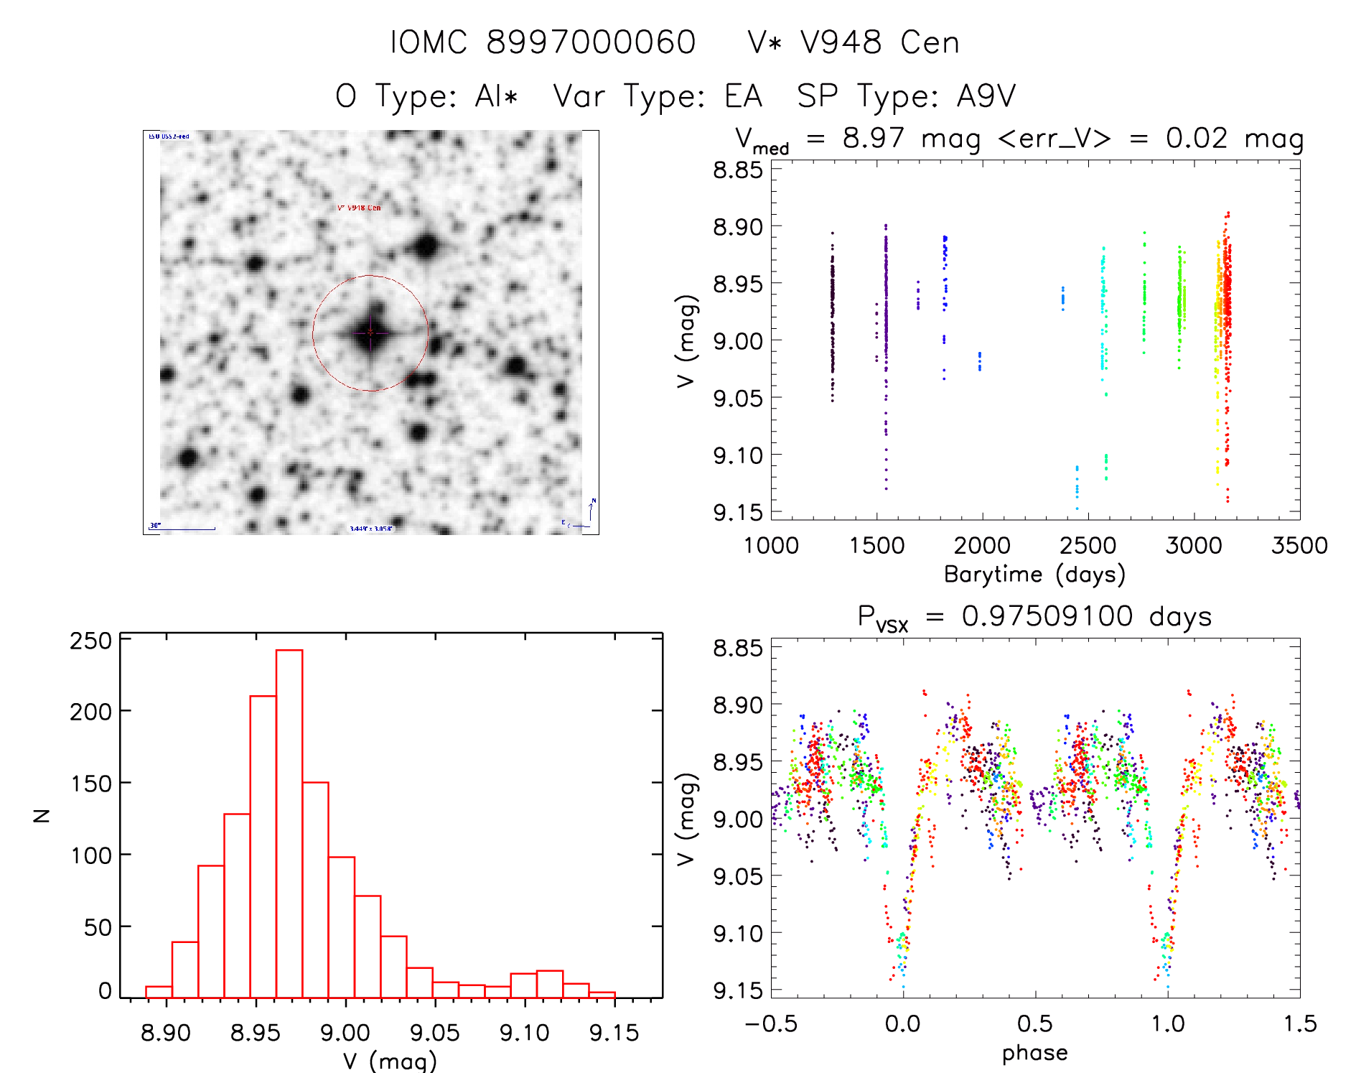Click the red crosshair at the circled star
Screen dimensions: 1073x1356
tap(370, 333)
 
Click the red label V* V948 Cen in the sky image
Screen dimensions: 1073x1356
tap(359, 208)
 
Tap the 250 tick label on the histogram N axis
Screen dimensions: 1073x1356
tap(90, 641)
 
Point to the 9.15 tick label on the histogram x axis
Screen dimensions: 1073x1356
tap(614, 1033)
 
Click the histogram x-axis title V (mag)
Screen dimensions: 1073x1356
tap(390, 1060)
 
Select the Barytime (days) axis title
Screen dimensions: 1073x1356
tap(1034, 575)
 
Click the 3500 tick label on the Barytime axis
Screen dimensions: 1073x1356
tap(1299, 545)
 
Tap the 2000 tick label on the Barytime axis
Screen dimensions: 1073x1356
tap(981, 545)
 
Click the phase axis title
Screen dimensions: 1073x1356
tap(1034, 1053)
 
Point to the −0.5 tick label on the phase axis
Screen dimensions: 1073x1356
tap(770, 1023)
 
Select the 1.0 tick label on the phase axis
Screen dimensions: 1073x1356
tap(1168, 1023)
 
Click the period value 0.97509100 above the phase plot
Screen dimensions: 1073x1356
tap(1047, 616)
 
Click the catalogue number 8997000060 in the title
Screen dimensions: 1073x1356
tap(591, 42)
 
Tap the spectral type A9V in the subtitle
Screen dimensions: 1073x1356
tap(986, 96)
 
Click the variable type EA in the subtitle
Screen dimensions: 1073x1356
tap(743, 96)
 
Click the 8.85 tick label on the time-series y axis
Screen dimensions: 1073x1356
tap(737, 170)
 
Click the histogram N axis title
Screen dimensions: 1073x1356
tap(42, 815)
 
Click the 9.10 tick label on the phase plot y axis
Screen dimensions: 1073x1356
tap(737, 934)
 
